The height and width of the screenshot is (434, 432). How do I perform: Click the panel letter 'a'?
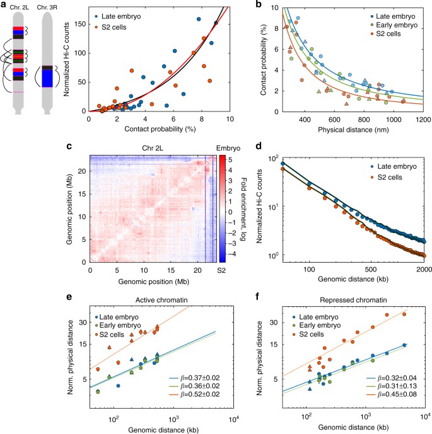[x=4, y=4]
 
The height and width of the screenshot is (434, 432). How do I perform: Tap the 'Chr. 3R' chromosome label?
[x=47, y=8]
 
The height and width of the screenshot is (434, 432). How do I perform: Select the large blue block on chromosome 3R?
[x=47, y=78]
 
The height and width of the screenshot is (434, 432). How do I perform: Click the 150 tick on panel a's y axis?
[x=80, y=24]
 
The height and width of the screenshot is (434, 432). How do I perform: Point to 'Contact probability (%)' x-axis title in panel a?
[x=160, y=129]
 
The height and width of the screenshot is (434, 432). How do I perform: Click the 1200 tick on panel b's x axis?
[x=423, y=120]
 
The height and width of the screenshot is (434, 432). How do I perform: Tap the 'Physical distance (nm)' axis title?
[x=353, y=130]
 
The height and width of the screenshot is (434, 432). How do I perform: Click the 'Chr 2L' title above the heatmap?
[x=153, y=149]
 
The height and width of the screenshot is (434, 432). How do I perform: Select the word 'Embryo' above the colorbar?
[x=228, y=149]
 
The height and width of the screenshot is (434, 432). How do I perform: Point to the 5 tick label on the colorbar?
[x=230, y=160]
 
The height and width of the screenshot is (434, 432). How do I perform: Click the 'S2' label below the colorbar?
[x=221, y=270]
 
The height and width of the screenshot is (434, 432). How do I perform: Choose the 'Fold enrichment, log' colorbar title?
[x=243, y=209]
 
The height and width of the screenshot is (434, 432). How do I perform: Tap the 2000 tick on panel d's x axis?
[x=424, y=270]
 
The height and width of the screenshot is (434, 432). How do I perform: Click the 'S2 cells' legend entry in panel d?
[x=390, y=178]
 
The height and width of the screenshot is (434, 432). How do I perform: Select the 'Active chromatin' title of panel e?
[x=161, y=300]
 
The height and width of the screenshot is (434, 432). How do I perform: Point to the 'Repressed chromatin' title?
[x=353, y=300]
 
